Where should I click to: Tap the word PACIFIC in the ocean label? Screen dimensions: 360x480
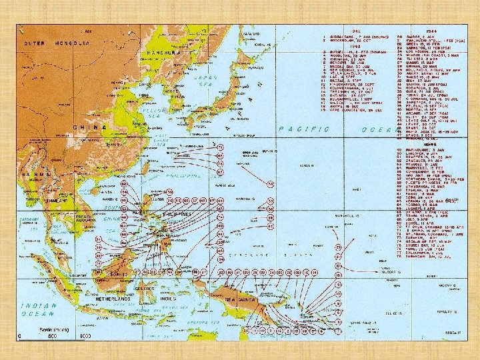point(298,128)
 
